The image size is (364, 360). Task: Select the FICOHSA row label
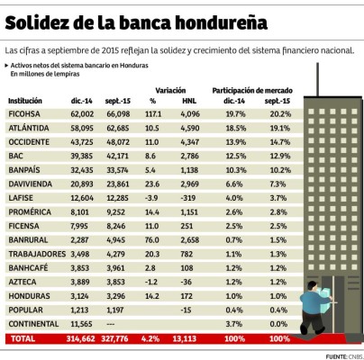[26, 115]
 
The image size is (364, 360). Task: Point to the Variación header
[170, 91]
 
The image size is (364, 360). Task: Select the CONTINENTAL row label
[32, 323]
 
